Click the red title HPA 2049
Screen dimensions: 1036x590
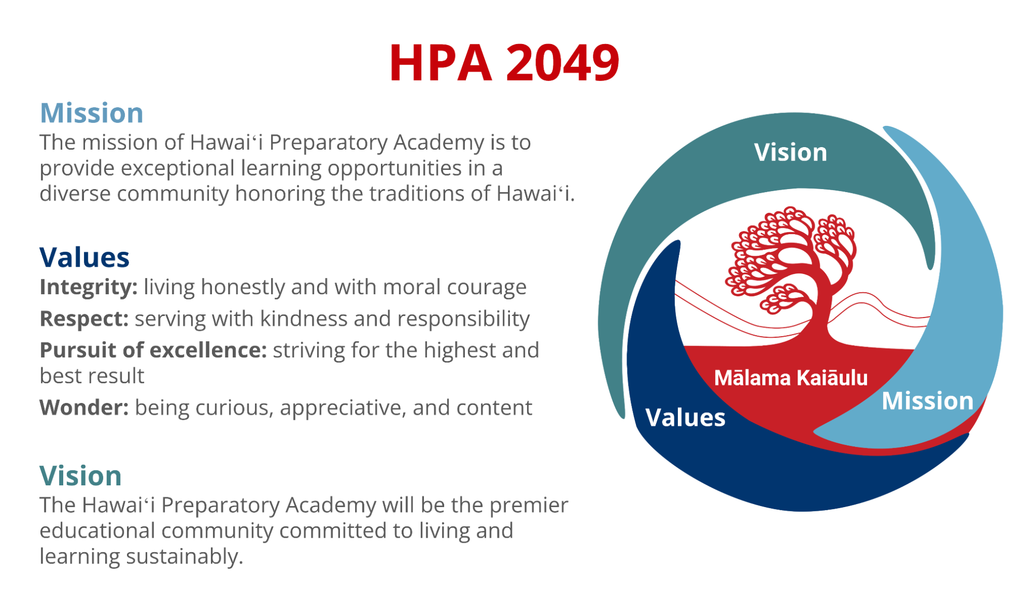pos(504,63)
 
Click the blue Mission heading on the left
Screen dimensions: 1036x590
pos(92,113)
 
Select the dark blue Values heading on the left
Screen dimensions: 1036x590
pos(84,257)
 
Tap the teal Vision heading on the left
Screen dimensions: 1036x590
pos(81,476)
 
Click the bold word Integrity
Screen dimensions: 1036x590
pos(89,287)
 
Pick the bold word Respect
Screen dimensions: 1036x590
pos(84,319)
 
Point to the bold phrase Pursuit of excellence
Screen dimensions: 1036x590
pos(153,350)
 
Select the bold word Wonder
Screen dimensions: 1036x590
pos(84,408)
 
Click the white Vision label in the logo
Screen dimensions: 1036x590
pos(790,152)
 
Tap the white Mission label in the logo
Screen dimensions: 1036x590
pos(928,401)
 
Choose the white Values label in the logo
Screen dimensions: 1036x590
pos(685,418)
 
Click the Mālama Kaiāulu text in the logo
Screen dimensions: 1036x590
pos(791,378)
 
